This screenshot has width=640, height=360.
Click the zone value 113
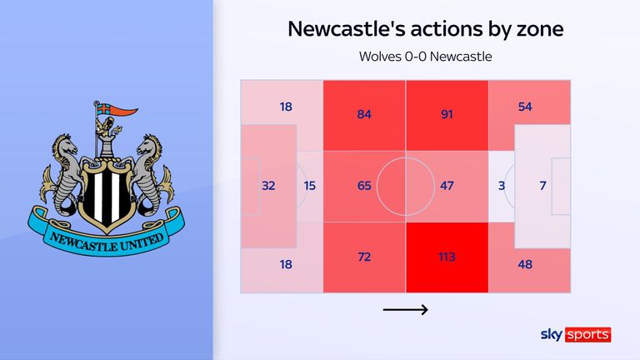(x=447, y=257)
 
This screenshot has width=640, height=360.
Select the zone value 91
(x=447, y=114)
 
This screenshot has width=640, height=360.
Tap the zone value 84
(x=364, y=114)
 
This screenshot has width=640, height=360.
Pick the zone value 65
(x=364, y=186)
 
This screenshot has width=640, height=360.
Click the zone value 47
(x=447, y=186)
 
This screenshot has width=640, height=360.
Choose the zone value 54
(x=526, y=108)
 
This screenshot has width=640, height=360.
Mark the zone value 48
(x=526, y=265)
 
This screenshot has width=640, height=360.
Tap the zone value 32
(x=268, y=186)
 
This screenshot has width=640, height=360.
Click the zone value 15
(x=309, y=186)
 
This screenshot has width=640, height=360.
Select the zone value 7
(x=542, y=186)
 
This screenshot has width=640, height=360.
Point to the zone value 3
(x=502, y=186)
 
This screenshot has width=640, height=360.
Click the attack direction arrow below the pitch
(x=405, y=310)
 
